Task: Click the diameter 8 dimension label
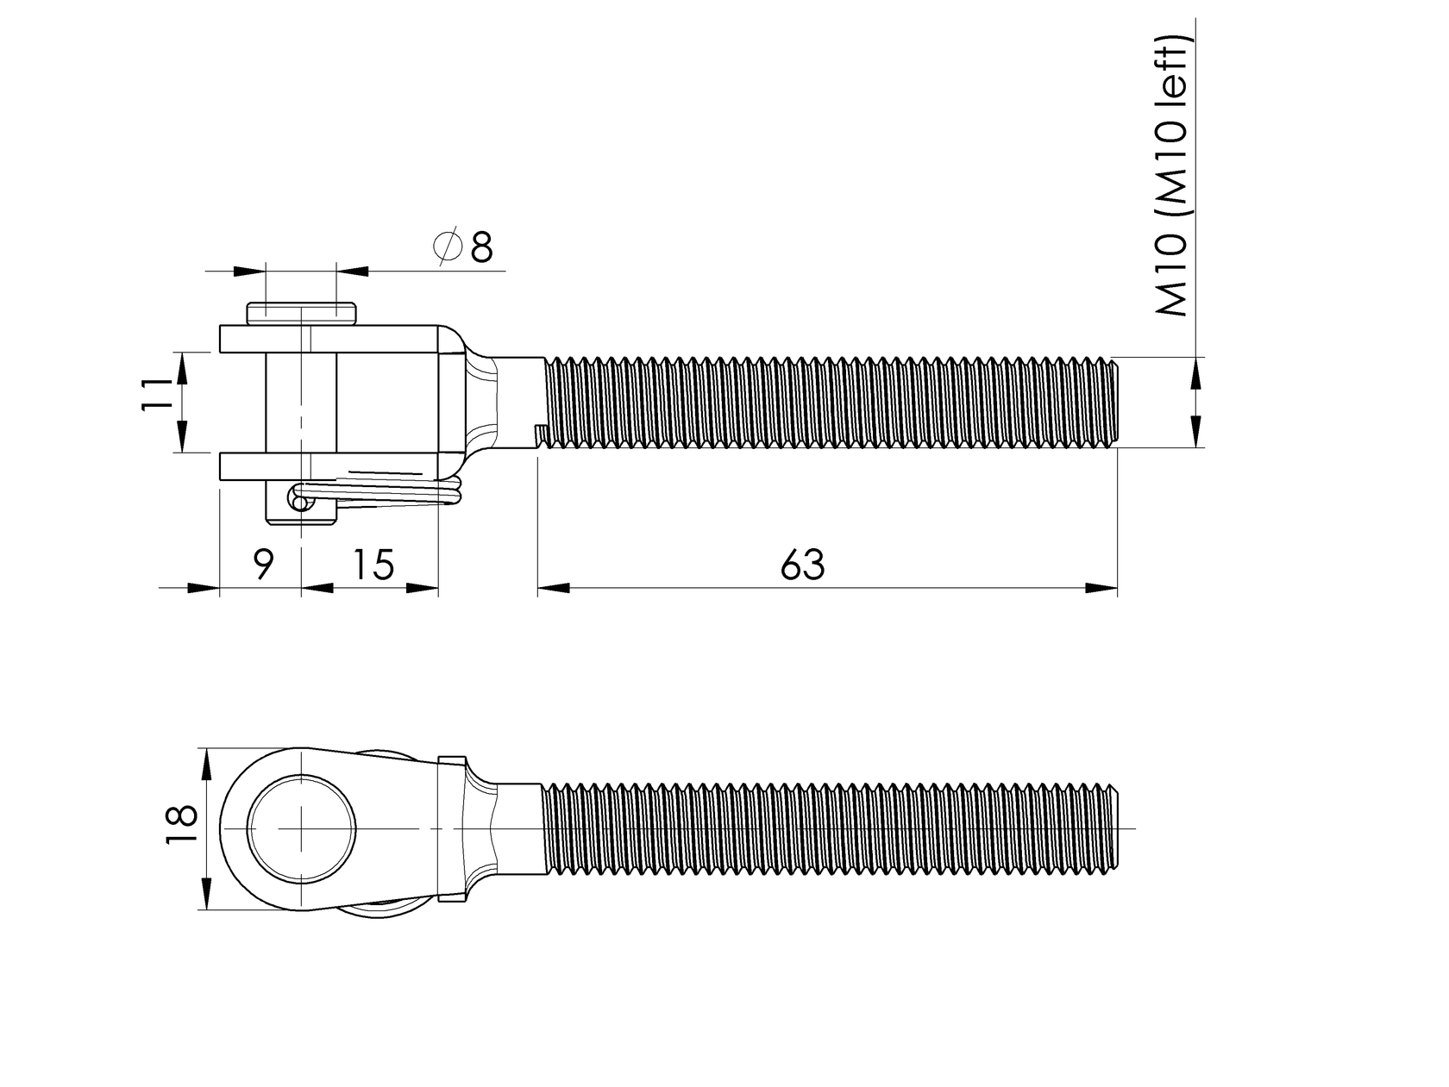pyautogui.click(x=467, y=247)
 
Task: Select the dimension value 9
pyautogui.click(x=263, y=565)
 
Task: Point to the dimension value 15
pyautogui.click(x=373, y=565)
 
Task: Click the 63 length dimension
pyautogui.click(x=802, y=565)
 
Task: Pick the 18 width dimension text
pyautogui.click(x=182, y=828)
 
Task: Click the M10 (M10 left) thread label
pyautogui.click(x=1173, y=177)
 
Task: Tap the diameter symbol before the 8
pyautogui.click(x=447, y=247)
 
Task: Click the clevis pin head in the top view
pyautogui.click(x=301, y=313)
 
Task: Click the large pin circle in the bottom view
pyautogui.click(x=302, y=828)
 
